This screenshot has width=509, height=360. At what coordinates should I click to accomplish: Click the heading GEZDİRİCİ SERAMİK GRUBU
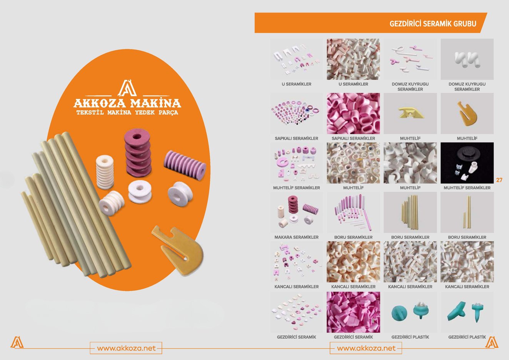point(433,23)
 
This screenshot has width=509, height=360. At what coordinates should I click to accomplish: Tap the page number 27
point(499,180)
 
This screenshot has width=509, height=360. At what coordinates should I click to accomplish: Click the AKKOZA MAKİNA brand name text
point(127,104)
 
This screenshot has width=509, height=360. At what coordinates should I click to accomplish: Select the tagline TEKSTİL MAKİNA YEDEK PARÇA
point(127,112)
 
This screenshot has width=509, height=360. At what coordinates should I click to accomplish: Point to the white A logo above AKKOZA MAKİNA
point(127,88)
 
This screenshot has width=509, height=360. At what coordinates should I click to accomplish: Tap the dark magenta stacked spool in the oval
point(138,152)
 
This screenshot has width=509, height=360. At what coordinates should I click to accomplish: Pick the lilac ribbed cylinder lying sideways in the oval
point(185,165)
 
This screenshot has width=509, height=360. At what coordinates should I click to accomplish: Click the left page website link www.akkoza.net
point(126,348)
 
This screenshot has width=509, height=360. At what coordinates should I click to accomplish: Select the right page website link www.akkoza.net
point(366,348)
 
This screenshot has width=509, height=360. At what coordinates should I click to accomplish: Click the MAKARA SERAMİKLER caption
point(297,237)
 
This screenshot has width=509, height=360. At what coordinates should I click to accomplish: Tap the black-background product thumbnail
point(467,163)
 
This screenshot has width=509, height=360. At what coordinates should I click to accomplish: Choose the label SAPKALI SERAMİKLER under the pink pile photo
point(353,138)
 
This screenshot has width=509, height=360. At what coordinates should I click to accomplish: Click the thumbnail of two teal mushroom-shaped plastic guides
point(410,312)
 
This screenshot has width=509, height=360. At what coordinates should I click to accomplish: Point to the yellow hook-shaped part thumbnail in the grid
point(467,113)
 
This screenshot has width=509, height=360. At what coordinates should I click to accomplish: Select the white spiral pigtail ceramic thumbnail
point(467,59)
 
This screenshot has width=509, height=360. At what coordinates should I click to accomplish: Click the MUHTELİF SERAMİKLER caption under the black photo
point(467,188)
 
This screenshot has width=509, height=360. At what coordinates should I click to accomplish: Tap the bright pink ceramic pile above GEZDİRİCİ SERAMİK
point(353,312)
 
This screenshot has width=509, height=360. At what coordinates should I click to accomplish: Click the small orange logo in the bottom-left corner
point(17,342)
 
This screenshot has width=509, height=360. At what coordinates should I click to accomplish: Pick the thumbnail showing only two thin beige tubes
point(467,213)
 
